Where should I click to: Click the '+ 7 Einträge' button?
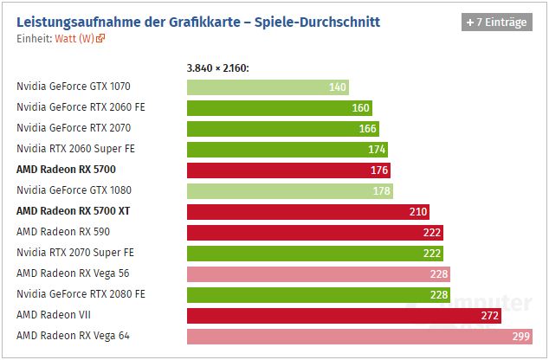click(x=496, y=22)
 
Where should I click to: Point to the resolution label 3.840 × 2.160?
click(x=217, y=68)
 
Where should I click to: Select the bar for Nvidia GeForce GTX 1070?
click(x=268, y=87)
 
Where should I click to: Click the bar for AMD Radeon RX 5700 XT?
click(x=307, y=211)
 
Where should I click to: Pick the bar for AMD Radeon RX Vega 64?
click(x=355, y=336)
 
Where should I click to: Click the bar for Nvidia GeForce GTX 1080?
click(x=289, y=190)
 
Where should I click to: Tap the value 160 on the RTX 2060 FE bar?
click(x=360, y=108)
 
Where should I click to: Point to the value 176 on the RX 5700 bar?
click(x=378, y=170)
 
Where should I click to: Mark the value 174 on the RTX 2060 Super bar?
click(x=377, y=150)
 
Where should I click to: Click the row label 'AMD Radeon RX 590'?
click(x=63, y=232)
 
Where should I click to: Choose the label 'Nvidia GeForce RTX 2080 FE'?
click(x=81, y=294)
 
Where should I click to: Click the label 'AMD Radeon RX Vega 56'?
click(x=74, y=273)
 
